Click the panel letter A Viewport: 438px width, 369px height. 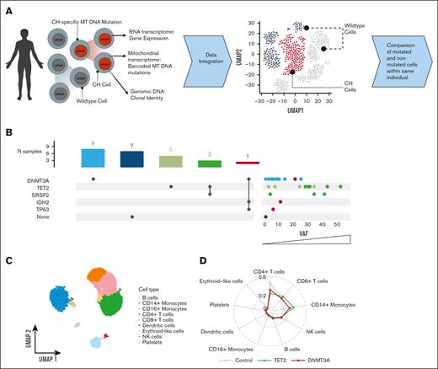(8, 8)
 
